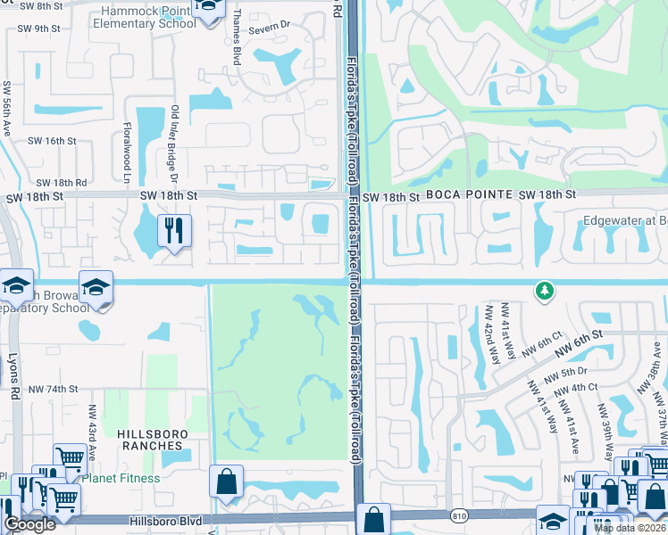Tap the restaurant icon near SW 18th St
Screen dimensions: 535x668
174,231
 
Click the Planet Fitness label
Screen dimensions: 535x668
121,478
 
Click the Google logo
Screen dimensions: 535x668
29,524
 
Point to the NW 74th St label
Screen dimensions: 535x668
53,389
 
